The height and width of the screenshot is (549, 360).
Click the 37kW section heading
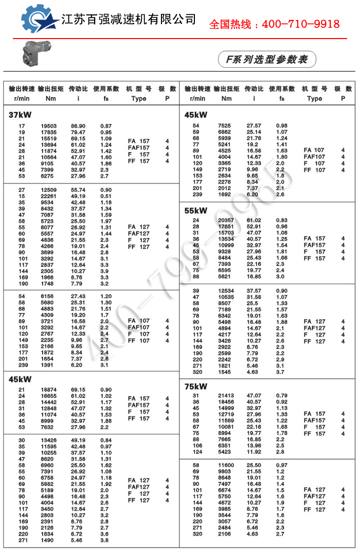coord(18,115)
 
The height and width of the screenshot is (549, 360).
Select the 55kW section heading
coord(196,210)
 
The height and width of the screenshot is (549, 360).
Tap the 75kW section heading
coord(196,386)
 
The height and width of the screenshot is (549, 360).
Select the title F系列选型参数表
coord(263,60)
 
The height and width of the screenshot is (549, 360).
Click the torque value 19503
coord(49,126)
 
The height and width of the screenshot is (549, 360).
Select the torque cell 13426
coord(49,441)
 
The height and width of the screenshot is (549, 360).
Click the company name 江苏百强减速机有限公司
coord(129,20)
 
